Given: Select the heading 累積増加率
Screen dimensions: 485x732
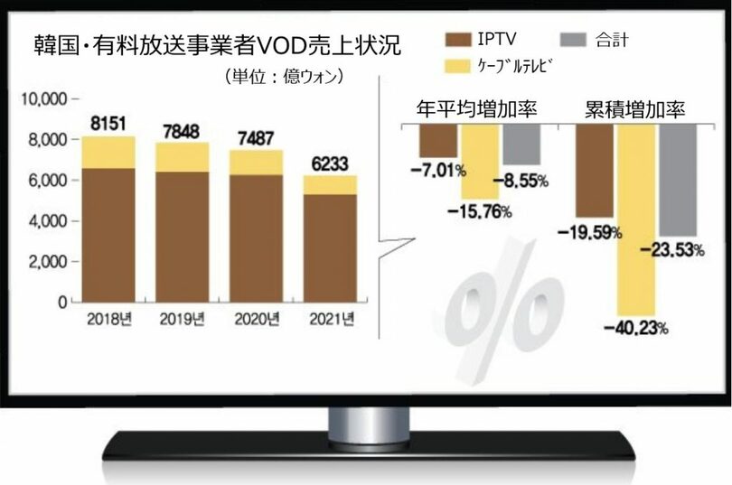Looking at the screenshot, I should [x=633, y=110].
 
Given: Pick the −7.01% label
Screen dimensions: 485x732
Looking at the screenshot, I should [x=440, y=170].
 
